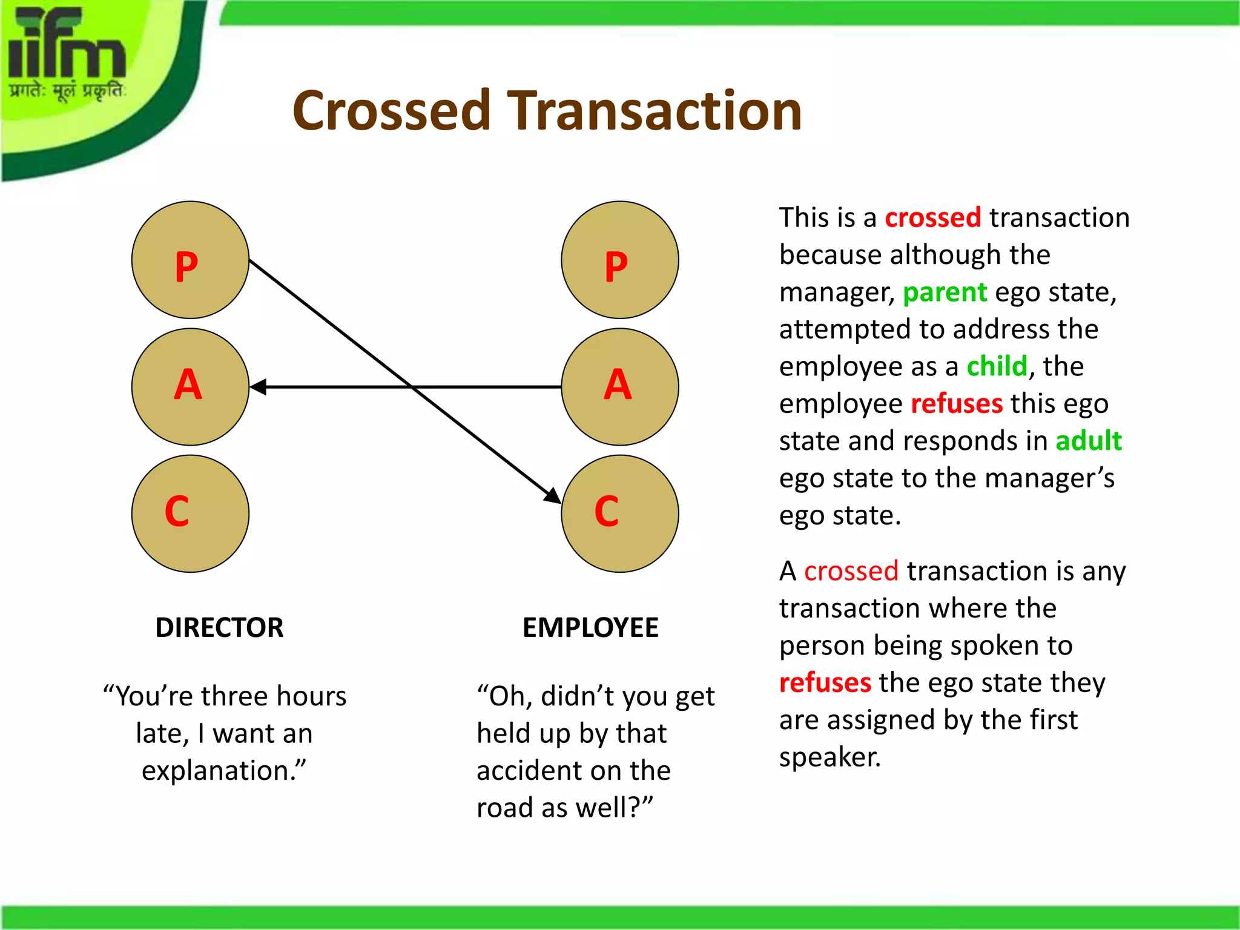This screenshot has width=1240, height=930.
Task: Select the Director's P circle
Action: click(x=190, y=260)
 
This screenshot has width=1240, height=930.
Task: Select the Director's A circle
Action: click(x=190, y=387)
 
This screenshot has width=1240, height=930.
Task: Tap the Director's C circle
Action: click(x=190, y=513)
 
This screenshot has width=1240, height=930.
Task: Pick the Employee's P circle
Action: click(x=620, y=260)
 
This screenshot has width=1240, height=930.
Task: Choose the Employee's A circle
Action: click(x=620, y=387)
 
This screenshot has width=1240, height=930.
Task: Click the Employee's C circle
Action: click(x=620, y=513)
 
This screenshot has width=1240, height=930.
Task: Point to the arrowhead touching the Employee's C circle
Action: click(x=553, y=495)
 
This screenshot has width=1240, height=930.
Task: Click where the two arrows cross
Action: click(x=412, y=387)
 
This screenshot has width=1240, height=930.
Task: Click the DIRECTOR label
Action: click(x=219, y=627)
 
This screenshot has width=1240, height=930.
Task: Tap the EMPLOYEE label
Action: click(x=590, y=627)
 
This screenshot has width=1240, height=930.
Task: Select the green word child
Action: click(x=997, y=367)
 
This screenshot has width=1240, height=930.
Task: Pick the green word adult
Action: click(x=1088, y=441)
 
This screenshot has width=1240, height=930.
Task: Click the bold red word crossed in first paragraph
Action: click(x=932, y=218)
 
